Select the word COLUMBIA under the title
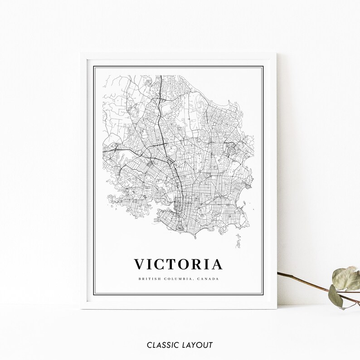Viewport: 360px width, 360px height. (x=180, y=278)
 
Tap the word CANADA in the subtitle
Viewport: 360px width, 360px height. (x=208, y=278)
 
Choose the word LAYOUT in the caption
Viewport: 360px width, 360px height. (x=198, y=345)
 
